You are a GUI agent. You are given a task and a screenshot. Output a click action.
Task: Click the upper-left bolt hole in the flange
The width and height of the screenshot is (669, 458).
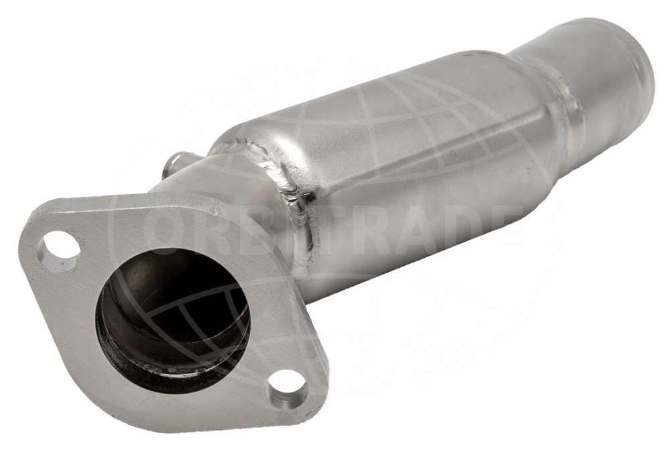tap(59, 250)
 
